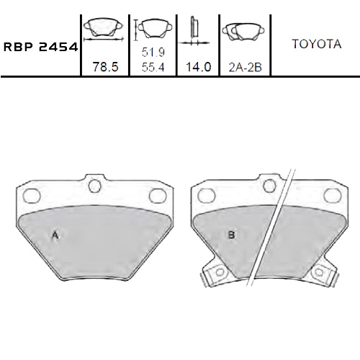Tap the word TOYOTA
(x=316, y=44)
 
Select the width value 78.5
(x=104, y=66)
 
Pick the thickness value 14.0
(x=197, y=66)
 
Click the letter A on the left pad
(x=55, y=235)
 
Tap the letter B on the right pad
(x=231, y=235)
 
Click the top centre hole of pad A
(x=95, y=186)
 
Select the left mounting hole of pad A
(x=30, y=194)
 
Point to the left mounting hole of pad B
(x=206, y=194)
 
